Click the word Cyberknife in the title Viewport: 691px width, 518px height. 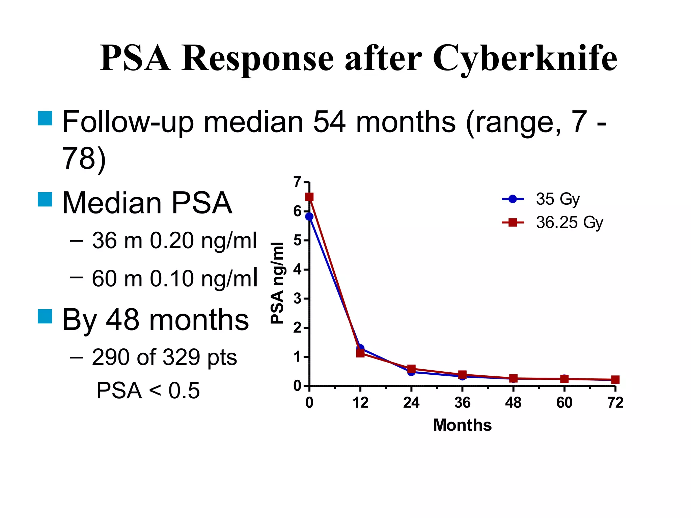click(x=525, y=59)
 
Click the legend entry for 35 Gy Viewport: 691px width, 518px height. click(x=557, y=199)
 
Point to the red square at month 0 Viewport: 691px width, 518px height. click(x=309, y=197)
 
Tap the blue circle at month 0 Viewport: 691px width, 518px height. click(x=309, y=217)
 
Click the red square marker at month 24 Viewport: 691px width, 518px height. click(x=411, y=369)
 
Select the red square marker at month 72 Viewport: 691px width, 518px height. click(x=615, y=380)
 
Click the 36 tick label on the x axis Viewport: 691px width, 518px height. click(x=462, y=403)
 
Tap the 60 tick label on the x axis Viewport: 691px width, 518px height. click(x=564, y=403)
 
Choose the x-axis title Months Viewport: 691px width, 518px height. click(x=462, y=425)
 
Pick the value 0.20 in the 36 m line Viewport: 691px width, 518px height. click(x=172, y=241)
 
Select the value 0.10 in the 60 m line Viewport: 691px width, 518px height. click(x=172, y=279)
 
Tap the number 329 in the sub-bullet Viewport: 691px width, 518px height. click(x=182, y=357)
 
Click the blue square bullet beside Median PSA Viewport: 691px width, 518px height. click(x=45, y=200)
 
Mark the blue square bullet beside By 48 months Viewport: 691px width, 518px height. click(x=45, y=316)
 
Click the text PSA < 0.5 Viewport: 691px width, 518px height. click(x=148, y=391)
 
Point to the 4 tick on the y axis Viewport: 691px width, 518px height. click(x=297, y=269)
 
